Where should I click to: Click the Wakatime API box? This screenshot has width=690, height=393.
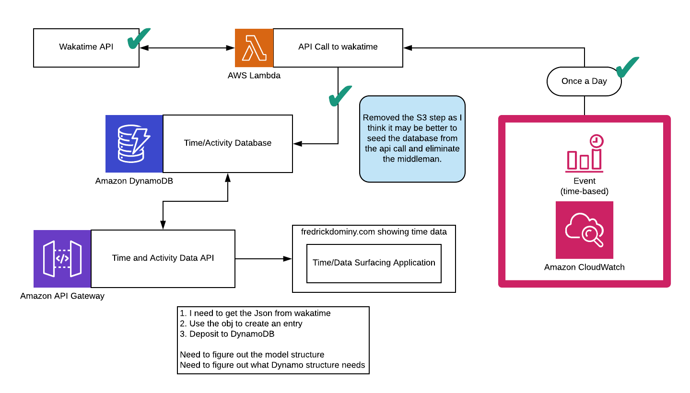(x=86, y=47)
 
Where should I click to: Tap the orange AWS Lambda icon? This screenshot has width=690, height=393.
(x=254, y=47)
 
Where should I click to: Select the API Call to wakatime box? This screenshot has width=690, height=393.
(x=338, y=47)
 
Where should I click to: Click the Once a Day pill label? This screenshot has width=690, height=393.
(x=584, y=81)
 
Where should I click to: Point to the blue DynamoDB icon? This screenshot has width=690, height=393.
(x=134, y=143)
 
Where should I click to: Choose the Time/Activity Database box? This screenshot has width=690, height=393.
(x=227, y=143)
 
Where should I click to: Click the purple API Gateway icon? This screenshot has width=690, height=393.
(x=62, y=258)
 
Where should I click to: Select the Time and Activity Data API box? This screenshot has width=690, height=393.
(x=163, y=258)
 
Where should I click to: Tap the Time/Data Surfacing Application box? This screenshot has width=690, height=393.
(x=374, y=263)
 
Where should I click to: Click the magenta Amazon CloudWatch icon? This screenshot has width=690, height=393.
(x=584, y=230)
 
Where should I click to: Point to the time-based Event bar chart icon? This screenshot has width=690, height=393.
(x=584, y=154)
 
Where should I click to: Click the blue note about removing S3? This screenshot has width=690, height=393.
(x=412, y=139)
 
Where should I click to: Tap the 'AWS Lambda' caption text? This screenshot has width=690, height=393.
(x=254, y=75)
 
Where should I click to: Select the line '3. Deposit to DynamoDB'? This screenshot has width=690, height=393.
(x=227, y=334)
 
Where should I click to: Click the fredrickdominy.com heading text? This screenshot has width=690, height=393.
(x=374, y=232)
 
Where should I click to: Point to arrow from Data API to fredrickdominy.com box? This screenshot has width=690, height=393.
(x=264, y=259)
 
